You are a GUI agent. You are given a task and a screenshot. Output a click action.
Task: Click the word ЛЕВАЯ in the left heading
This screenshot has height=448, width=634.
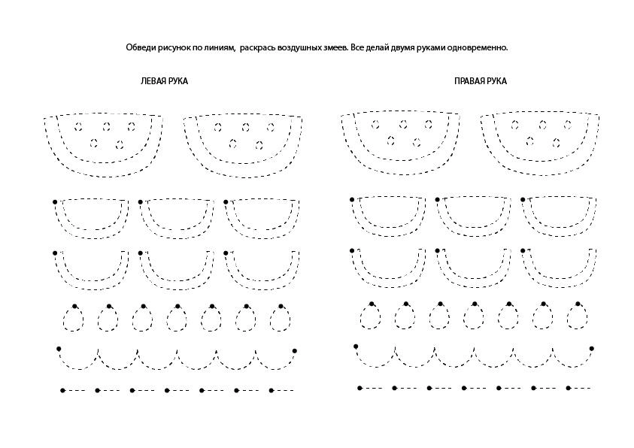click(x=153, y=81)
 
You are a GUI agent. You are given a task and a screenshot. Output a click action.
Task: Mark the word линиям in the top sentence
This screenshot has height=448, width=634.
click(x=220, y=47)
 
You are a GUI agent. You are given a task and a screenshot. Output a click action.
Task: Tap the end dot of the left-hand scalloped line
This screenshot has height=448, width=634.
click(x=294, y=350)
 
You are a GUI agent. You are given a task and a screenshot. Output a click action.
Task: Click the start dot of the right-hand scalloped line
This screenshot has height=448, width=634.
click(x=356, y=347)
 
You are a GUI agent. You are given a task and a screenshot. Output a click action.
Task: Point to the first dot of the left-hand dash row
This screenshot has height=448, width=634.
click(x=62, y=391)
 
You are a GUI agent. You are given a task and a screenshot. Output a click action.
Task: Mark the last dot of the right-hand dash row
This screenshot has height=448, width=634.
click(x=569, y=388)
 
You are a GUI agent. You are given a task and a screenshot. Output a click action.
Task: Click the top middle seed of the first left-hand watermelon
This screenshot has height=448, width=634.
click(x=107, y=127)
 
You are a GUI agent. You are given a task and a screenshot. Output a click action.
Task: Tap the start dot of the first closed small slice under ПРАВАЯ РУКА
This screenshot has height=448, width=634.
click(x=352, y=199)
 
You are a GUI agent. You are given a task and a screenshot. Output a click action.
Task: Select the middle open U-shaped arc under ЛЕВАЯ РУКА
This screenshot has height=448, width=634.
click(x=177, y=289)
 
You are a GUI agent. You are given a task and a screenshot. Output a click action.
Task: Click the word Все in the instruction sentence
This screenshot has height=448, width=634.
click(x=356, y=47)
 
